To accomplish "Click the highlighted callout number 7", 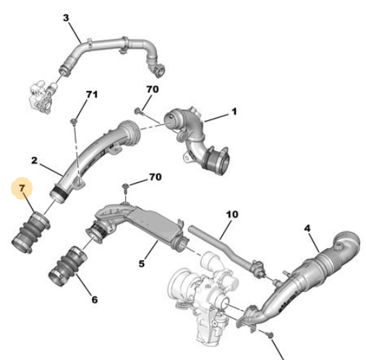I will click(x=22, y=190).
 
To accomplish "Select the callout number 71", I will click(x=92, y=95).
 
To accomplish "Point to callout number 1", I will click(x=234, y=112).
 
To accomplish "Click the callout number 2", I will click(x=34, y=159).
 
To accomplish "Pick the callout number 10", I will click(x=231, y=215).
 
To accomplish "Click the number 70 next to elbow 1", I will click(x=152, y=90).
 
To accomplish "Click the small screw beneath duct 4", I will click(x=269, y=333).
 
